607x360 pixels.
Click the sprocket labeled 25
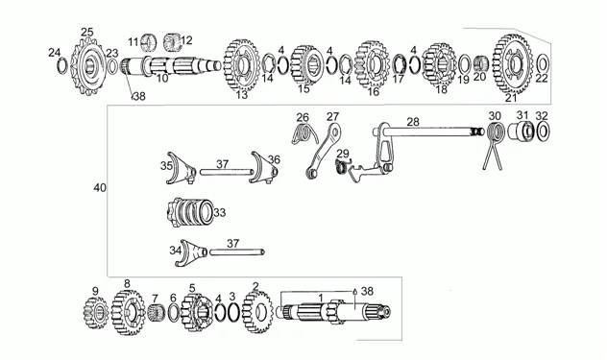click(87, 66)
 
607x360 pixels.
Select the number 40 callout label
click(100, 188)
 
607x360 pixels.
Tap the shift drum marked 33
click(190, 212)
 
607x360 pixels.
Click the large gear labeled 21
click(513, 64)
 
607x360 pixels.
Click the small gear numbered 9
click(96, 312)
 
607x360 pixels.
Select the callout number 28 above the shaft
click(413, 122)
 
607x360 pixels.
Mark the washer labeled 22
click(543, 63)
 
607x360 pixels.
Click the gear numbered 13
click(242, 65)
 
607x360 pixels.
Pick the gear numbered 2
click(257, 312)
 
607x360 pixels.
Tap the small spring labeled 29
click(342, 166)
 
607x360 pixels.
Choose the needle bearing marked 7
click(157, 312)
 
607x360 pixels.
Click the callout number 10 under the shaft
click(162, 79)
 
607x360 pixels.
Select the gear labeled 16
click(372, 64)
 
